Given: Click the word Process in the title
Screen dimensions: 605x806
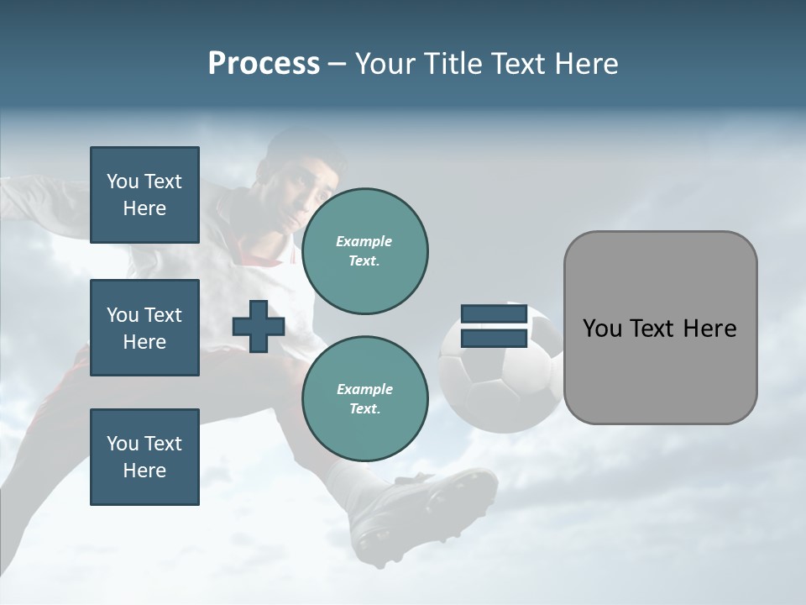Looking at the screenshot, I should (x=264, y=64).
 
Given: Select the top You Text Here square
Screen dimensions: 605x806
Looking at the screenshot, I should (x=144, y=195).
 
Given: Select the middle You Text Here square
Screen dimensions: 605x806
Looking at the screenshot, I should (x=144, y=328).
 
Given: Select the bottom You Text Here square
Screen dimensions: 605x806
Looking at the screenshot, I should (x=144, y=457).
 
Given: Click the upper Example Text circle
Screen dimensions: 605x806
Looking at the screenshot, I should (x=364, y=251).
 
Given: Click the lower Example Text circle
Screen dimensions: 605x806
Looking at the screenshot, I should (x=364, y=399).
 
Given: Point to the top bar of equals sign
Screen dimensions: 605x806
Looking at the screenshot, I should (x=495, y=314).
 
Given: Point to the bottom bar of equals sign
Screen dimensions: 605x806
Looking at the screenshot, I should (x=495, y=339).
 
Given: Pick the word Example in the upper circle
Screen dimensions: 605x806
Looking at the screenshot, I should (x=364, y=241).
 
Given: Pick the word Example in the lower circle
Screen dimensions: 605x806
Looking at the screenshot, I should (x=364, y=389).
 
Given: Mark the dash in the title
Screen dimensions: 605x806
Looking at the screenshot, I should (x=338, y=64).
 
